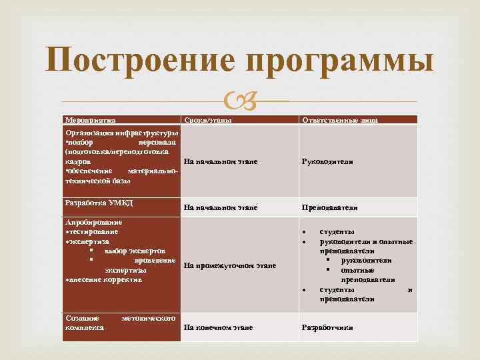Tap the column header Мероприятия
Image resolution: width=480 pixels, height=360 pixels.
pos(90,120)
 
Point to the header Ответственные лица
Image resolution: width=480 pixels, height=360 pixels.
pos(340,120)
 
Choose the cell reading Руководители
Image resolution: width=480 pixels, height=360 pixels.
pos(327,161)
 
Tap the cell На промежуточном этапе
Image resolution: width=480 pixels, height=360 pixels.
pos(229,265)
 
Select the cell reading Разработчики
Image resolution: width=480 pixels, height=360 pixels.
pos(327,327)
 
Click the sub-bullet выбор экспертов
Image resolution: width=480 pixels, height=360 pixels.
pos(135,251)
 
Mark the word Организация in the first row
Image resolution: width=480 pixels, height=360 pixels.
pos(88,133)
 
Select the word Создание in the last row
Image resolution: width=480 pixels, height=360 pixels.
pos(83,318)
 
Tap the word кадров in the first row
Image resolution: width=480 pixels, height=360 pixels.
pos(77,161)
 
